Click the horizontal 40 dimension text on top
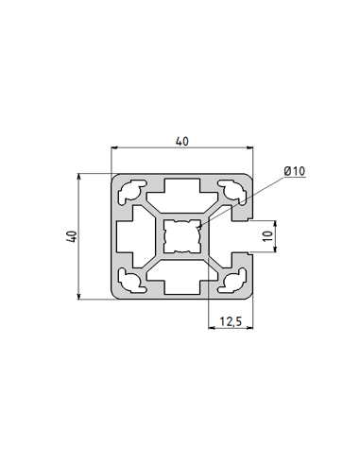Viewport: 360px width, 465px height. tap(182, 141)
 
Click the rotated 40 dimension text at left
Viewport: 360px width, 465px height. tap(70, 235)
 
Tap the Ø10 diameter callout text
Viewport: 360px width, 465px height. tap(294, 171)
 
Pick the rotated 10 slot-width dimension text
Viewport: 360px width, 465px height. tap(267, 236)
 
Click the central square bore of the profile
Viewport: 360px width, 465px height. tap(183, 236)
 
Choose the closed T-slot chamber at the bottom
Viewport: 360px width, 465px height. tap(183, 282)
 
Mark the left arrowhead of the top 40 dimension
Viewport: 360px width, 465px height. tap(116, 148)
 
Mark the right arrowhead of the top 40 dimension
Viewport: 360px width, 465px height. tap(252, 148)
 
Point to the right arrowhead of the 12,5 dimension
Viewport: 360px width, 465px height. tap(252, 329)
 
